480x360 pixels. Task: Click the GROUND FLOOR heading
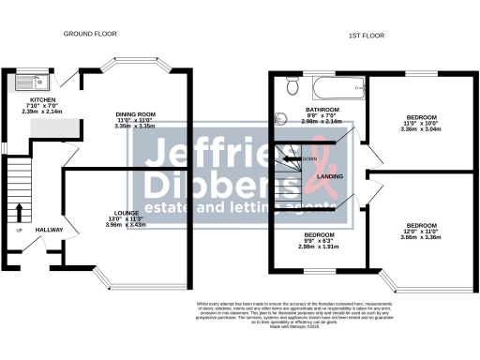pyautogui.click(x=89, y=34)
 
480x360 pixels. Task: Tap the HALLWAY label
pyautogui.click(x=49, y=230)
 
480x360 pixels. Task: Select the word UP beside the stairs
pyautogui.click(x=19, y=231)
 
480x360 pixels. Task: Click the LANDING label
pyautogui.click(x=328, y=175)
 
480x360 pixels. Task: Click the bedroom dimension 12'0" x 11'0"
pyautogui.click(x=421, y=231)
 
